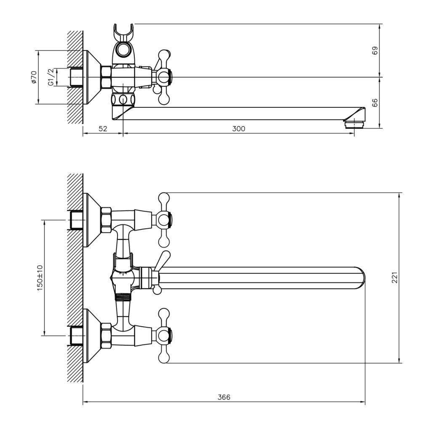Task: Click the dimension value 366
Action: pos(224,397)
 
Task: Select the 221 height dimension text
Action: pos(394,278)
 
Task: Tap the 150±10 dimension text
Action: pos(40,278)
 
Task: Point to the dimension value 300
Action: pos(238,129)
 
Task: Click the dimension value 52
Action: pos(103,129)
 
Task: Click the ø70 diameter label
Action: pos(34,77)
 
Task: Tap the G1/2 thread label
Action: pos(51,77)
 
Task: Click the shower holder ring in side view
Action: pos(123,50)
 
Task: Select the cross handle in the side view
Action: pos(163,77)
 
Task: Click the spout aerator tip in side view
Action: pos(353,123)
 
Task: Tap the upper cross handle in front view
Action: pos(163,219)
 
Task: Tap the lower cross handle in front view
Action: pos(163,336)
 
